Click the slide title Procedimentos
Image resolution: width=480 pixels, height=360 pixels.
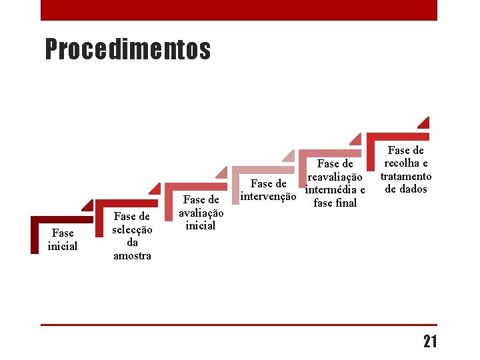(x=127, y=49)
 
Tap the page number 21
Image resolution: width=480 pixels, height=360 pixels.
(x=430, y=342)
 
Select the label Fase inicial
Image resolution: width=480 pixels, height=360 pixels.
(x=63, y=240)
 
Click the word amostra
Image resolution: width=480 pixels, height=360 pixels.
(x=132, y=256)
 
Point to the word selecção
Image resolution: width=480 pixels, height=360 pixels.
(x=132, y=229)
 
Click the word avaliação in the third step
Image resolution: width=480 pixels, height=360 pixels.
(x=201, y=213)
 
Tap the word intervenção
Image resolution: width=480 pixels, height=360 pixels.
(x=268, y=197)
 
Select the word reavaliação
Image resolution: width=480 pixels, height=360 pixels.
(x=335, y=177)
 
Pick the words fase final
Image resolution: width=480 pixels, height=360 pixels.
(x=335, y=203)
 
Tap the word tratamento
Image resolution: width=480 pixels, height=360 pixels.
(x=405, y=177)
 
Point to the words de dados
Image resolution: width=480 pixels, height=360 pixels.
(x=405, y=189)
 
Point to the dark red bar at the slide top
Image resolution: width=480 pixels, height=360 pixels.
(x=239, y=10)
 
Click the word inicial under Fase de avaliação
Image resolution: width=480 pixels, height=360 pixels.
(x=201, y=225)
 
